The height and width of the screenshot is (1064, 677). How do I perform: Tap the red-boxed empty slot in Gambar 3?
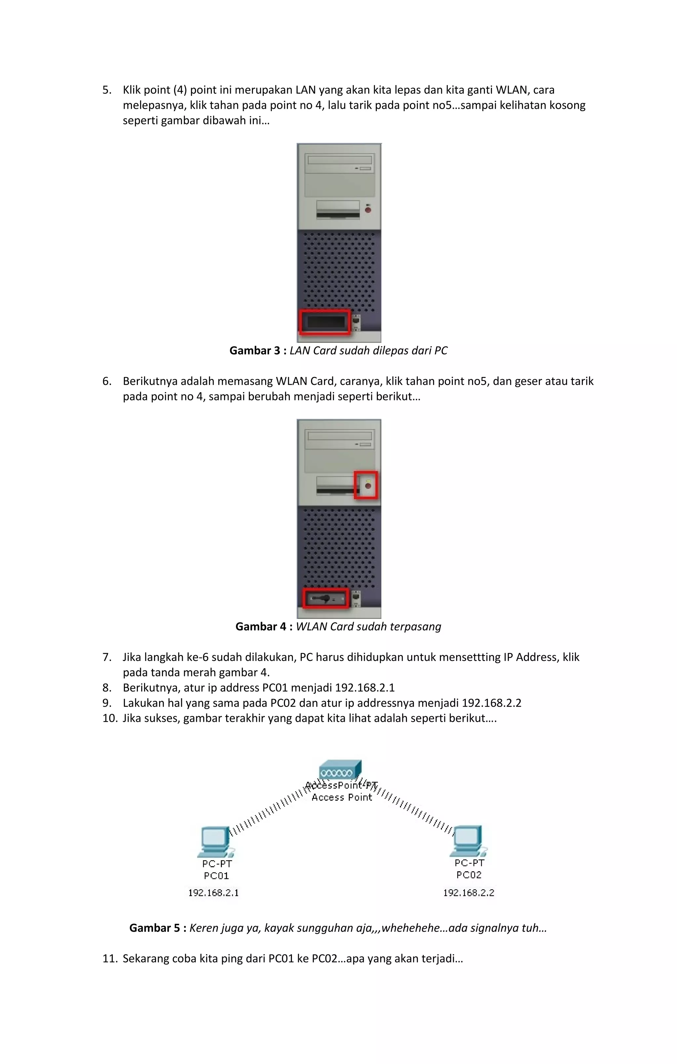click(x=325, y=322)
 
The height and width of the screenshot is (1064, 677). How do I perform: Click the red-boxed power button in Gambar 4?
click(x=368, y=486)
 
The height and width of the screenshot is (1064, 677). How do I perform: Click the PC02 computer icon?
click(x=468, y=840)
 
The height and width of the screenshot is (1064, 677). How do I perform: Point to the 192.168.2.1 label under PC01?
click(x=214, y=892)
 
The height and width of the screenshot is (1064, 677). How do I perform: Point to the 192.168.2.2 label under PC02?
click(x=468, y=892)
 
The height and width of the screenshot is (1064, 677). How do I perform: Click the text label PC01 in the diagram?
click(x=216, y=875)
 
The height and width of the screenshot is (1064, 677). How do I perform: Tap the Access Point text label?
click(x=341, y=797)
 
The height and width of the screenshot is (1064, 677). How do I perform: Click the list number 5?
click(x=106, y=90)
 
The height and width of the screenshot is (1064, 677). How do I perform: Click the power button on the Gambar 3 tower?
click(x=368, y=210)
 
